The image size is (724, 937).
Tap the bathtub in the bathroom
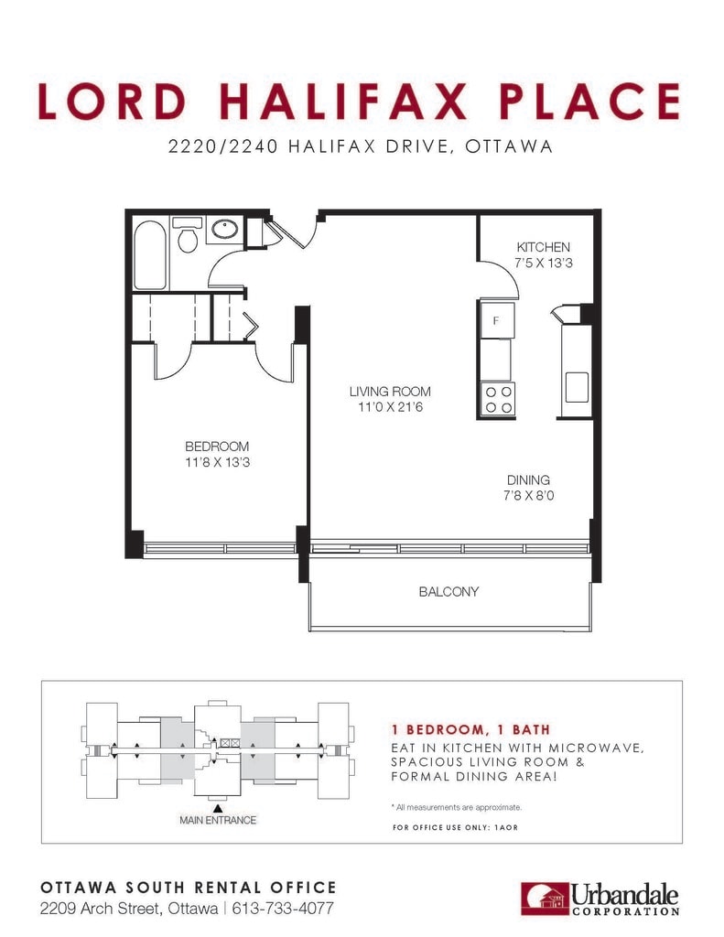click(149, 254)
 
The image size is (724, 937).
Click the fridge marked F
click(495, 320)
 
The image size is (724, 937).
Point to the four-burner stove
click(498, 399)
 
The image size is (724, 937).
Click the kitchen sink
click(577, 387)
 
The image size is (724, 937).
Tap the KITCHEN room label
click(543, 247)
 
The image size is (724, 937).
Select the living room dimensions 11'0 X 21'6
click(390, 407)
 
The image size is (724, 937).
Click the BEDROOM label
click(217, 447)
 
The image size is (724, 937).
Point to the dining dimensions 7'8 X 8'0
click(528, 495)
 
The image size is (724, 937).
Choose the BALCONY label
click(448, 592)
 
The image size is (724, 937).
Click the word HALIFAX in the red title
click(342, 101)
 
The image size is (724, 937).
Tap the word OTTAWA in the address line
click(509, 146)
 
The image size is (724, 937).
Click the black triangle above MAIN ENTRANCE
click(218, 809)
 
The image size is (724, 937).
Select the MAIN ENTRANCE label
click(218, 821)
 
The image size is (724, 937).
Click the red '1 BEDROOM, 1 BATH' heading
click(470, 729)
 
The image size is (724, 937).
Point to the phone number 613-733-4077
click(282, 909)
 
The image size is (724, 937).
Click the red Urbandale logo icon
click(544, 899)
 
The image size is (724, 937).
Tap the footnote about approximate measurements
click(457, 807)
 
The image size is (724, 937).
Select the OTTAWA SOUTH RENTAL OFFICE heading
click(189, 888)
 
